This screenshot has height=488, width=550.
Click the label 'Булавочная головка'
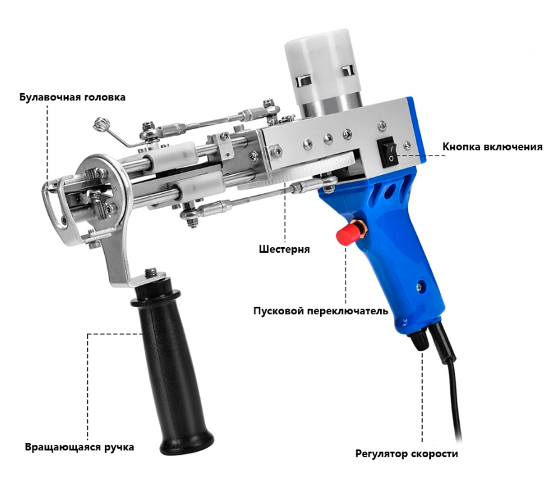click(x=72, y=97)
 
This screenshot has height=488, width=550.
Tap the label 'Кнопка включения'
click(x=492, y=147)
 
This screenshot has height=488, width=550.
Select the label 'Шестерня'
click(x=284, y=249)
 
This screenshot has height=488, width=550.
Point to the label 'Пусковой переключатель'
click(x=320, y=311)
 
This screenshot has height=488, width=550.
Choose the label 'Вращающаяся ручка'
click(x=80, y=448)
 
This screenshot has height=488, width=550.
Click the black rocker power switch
click(x=388, y=151)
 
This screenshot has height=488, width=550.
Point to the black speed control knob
click(x=418, y=339)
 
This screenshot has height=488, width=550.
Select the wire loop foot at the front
click(x=53, y=201)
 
